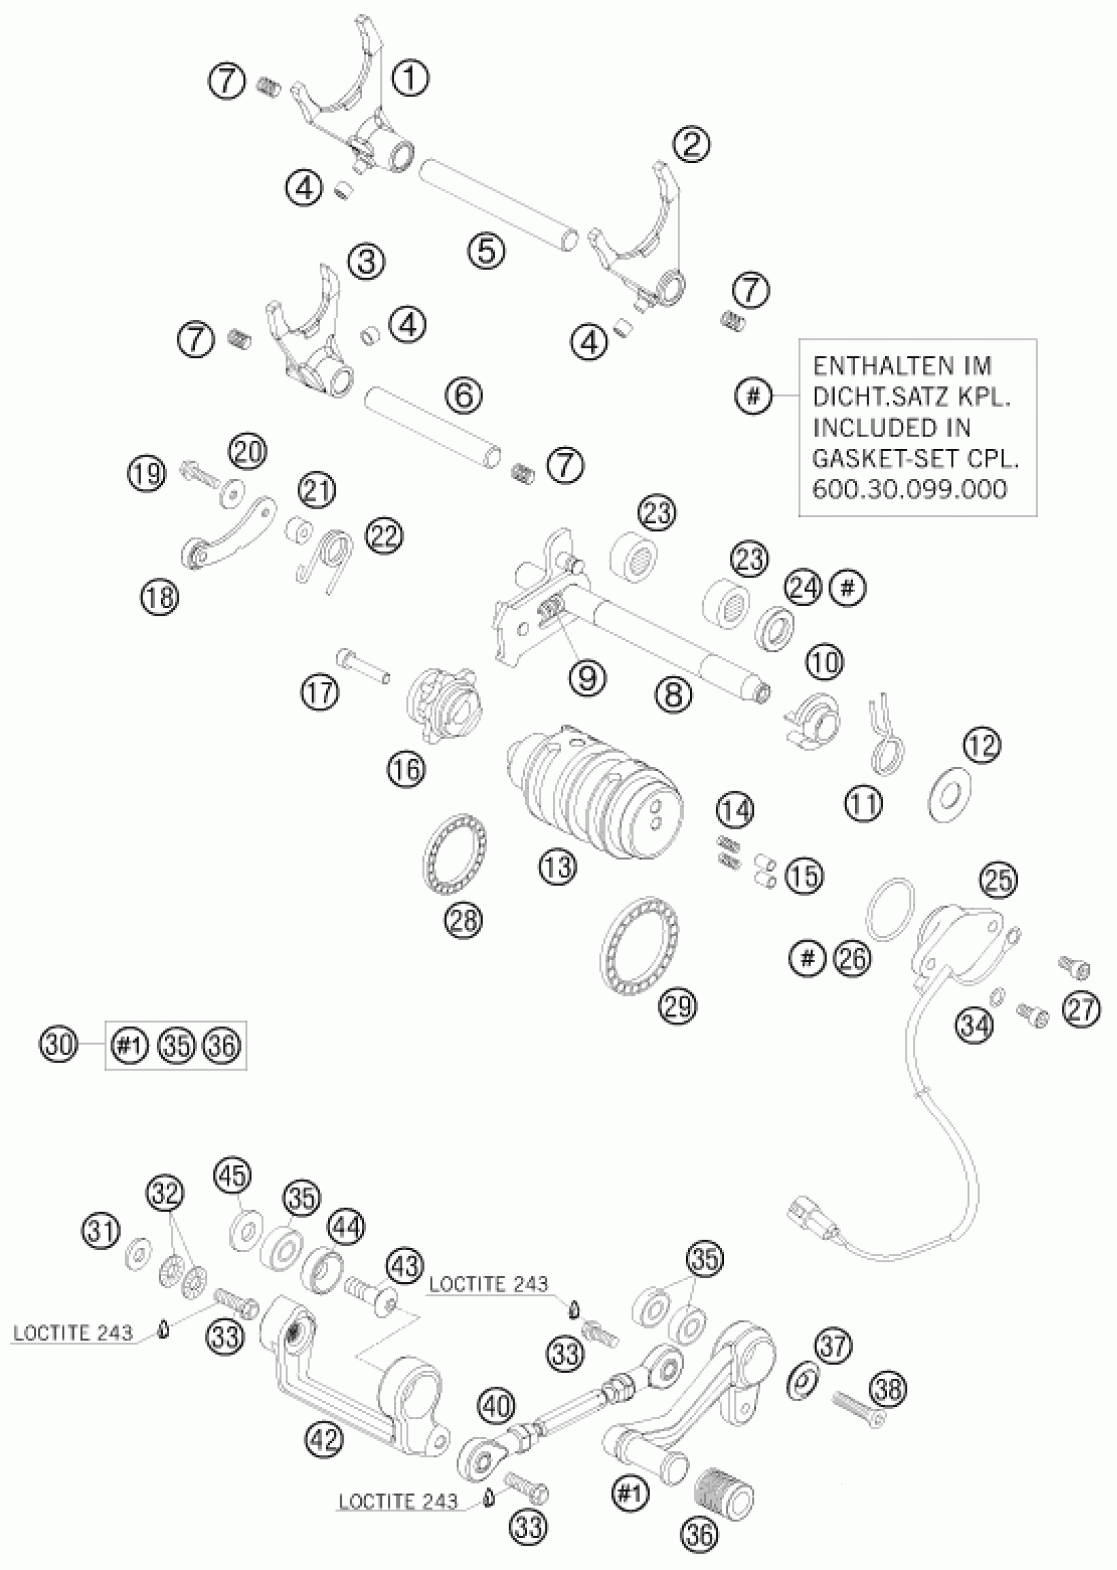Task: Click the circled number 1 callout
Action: click(x=410, y=78)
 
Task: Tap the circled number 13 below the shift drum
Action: click(x=557, y=866)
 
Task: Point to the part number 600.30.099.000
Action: click(x=909, y=489)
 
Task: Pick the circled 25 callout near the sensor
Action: click(x=999, y=880)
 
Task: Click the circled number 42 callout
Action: click(x=325, y=1439)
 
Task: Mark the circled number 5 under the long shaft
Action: click(x=486, y=250)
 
